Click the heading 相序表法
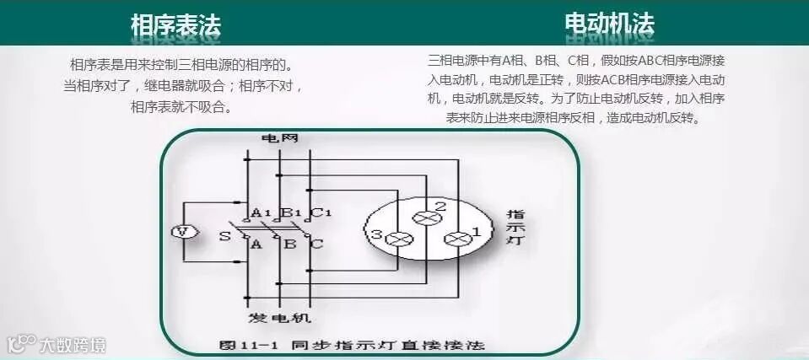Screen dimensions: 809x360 click(x=175, y=25)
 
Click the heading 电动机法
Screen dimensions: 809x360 click(x=609, y=24)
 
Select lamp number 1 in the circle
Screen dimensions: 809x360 click(x=458, y=239)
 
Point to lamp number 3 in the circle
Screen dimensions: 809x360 click(x=396, y=239)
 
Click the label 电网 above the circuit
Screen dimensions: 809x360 click(x=279, y=138)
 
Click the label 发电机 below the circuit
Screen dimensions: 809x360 click(x=279, y=318)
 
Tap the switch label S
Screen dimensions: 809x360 click(x=224, y=236)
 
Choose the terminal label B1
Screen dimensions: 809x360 click(x=291, y=212)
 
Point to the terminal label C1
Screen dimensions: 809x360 click(x=321, y=212)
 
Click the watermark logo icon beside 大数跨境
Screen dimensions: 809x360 click(x=19, y=344)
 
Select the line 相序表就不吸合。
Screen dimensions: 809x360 click(x=181, y=107)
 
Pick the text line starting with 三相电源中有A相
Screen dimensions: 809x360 click(x=577, y=61)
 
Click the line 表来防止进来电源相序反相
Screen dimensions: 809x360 click(x=573, y=117)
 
